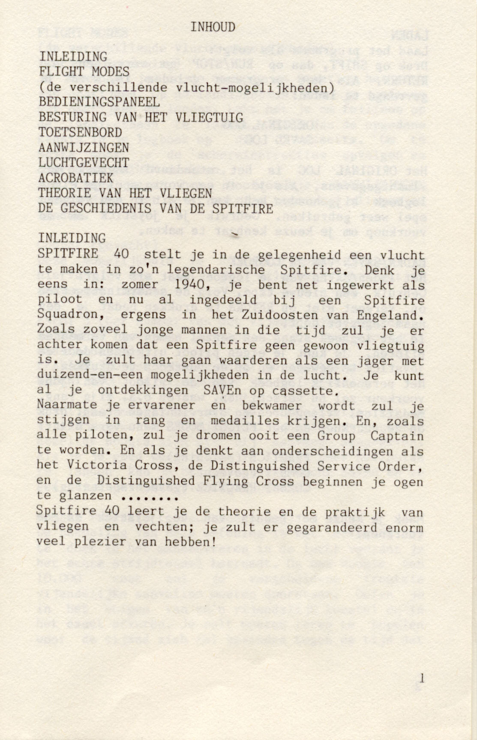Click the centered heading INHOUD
coord(213,27)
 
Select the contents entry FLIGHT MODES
coord(84,72)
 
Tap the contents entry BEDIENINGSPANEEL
coord(99,102)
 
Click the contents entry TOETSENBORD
coord(80,132)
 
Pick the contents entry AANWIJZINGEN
coord(84,148)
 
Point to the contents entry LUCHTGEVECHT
coord(84,163)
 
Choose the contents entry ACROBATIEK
coord(76,178)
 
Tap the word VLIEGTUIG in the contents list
coord(209,117)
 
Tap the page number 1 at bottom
coord(422,678)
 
